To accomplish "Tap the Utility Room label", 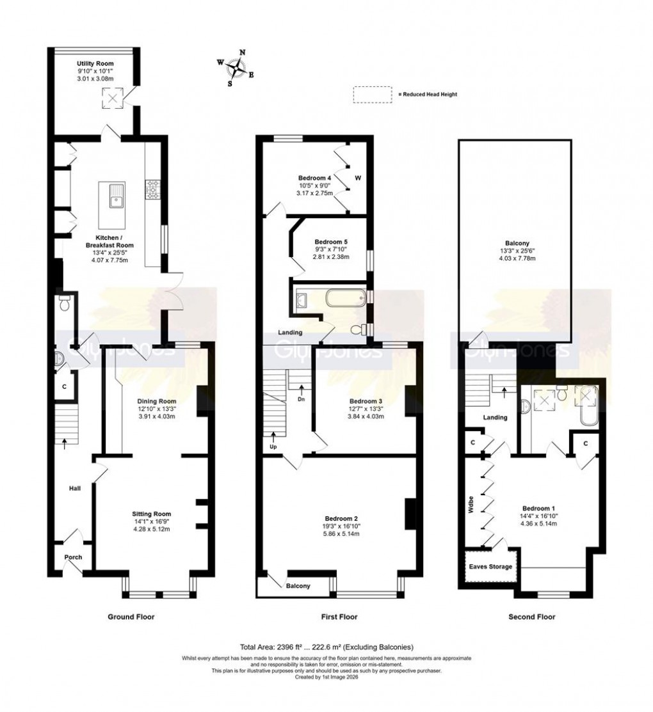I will [95, 64].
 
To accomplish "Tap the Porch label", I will [73, 557].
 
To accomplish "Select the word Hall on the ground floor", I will [75, 489].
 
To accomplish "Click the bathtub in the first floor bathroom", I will [344, 297].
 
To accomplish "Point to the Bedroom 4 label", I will [315, 178].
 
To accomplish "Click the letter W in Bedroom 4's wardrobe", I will [359, 178].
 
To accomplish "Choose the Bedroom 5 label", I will [331, 242].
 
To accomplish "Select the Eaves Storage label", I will [491, 567].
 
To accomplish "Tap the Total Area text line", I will [326, 647].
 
